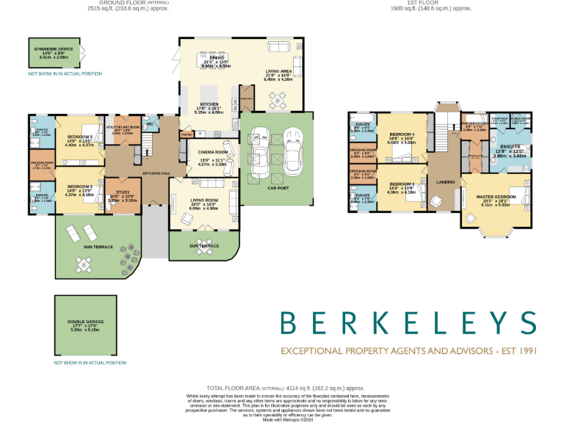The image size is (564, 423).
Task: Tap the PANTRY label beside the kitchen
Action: coord(186,134)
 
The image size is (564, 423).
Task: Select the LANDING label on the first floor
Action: coord(445,182)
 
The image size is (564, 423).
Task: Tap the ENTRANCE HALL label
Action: coord(155,173)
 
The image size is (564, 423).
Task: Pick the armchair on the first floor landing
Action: coord(436,200)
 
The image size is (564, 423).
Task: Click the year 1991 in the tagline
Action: coord(526,351)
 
